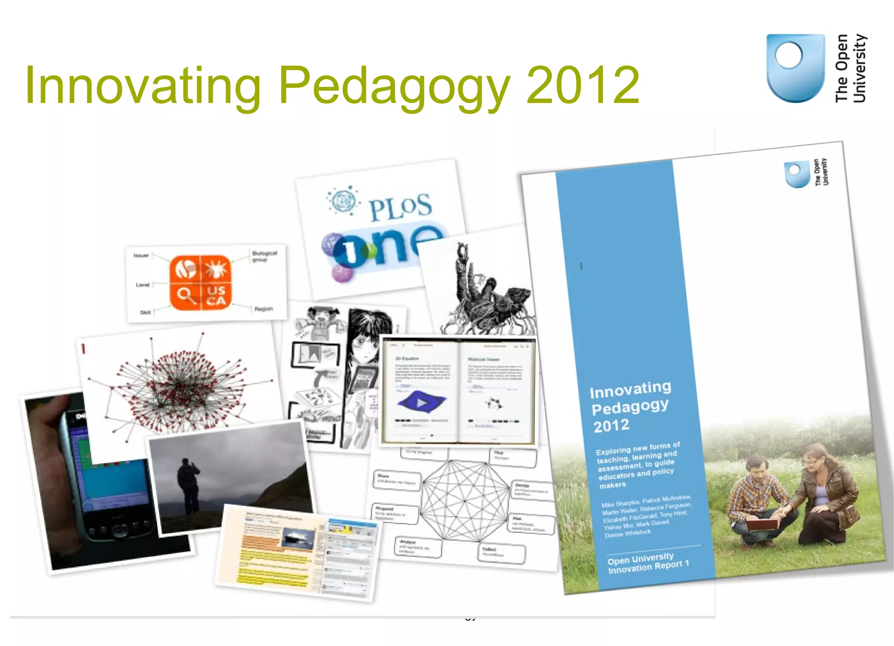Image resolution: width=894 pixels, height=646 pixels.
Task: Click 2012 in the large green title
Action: [582, 85]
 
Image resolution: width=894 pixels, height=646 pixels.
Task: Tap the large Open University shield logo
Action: [795, 68]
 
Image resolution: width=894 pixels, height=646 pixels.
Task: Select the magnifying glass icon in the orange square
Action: [186, 295]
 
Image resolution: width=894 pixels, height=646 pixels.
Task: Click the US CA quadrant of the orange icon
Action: [216, 295]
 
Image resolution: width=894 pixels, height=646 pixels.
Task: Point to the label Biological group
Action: [264, 256]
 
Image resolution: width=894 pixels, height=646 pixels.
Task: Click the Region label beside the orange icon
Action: [263, 309]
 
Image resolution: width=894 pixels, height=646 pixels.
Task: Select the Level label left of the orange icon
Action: [142, 285]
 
